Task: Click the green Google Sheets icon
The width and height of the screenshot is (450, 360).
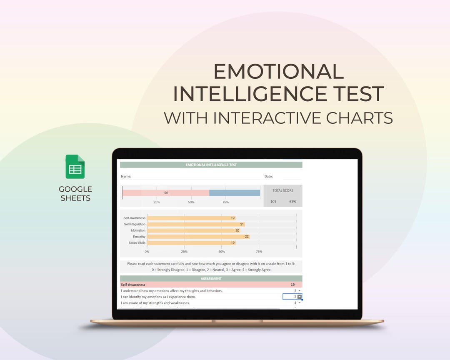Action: (x=75, y=167)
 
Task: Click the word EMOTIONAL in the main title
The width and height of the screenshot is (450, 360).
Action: (x=278, y=72)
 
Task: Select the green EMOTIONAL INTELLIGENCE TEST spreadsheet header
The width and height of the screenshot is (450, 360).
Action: (x=211, y=165)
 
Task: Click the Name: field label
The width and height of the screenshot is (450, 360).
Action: (x=126, y=177)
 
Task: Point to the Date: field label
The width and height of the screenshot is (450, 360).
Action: (x=268, y=177)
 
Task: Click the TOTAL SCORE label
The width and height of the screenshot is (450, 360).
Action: (x=283, y=190)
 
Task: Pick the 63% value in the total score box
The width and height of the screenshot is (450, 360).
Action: (x=292, y=202)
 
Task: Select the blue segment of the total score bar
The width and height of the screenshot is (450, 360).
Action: (x=235, y=193)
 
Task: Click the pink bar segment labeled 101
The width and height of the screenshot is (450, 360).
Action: (x=165, y=193)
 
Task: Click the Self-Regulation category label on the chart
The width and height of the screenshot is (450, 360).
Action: (x=134, y=224)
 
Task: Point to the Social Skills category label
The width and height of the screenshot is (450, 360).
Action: (x=137, y=243)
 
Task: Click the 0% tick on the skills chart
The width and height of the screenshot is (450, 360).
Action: (x=147, y=252)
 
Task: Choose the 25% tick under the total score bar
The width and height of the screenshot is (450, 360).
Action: (x=157, y=202)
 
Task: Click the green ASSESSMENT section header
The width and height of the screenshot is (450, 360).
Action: (x=211, y=278)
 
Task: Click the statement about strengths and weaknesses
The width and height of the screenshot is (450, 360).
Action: (x=155, y=303)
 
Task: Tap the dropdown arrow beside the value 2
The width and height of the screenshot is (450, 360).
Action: (x=300, y=291)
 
